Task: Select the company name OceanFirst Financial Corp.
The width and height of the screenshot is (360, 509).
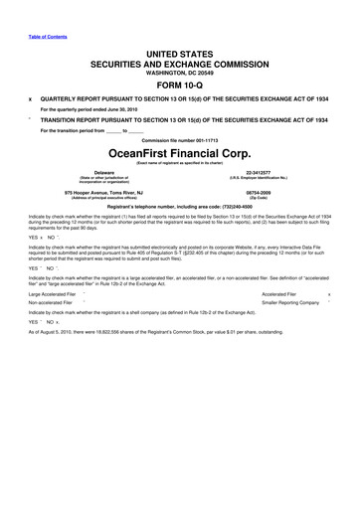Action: (180, 153)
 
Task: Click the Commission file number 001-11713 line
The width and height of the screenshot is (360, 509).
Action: (180, 139)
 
